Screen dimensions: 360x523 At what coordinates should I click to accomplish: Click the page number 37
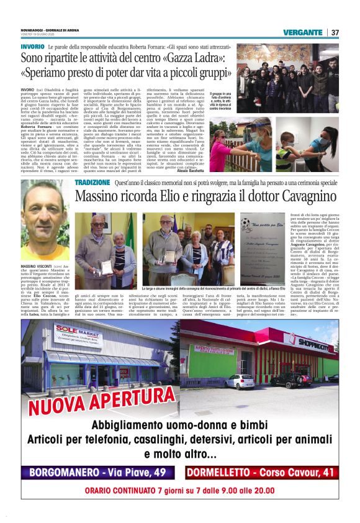[335, 32]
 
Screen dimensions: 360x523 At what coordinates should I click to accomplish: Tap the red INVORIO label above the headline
[32, 47]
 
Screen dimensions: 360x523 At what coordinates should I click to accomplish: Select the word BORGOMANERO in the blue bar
[67, 473]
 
